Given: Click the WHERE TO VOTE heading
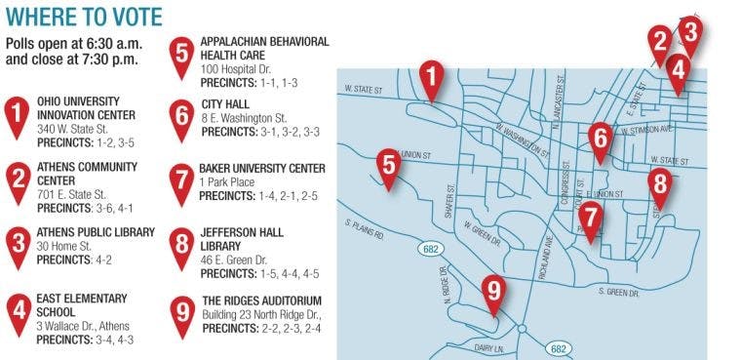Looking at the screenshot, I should pyautogui.click(x=84, y=17).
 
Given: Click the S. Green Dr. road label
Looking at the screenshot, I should pyautogui.click(x=618, y=292).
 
